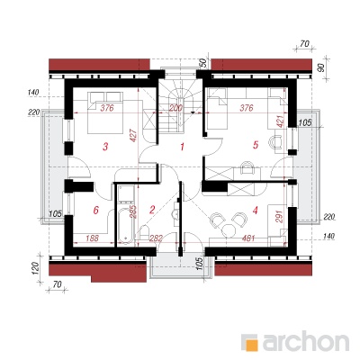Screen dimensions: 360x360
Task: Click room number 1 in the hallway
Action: click(182, 147)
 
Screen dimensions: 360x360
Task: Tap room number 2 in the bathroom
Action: click(152, 210)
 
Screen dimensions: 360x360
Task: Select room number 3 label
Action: click(105, 147)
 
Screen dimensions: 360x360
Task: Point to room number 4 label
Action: click(256, 211)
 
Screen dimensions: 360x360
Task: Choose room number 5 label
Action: click(256, 145)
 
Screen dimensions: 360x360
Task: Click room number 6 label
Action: click(95, 210)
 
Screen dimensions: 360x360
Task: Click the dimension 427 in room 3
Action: click(134, 135)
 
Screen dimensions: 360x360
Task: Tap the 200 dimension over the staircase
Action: click(175, 108)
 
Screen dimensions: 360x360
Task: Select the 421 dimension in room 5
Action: click(280, 122)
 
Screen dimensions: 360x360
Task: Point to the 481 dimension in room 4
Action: click(248, 238)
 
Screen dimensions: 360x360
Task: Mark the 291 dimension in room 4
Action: click(279, 216)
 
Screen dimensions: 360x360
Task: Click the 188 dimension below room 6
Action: click(92, 238)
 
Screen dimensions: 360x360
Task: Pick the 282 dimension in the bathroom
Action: click(156, 238)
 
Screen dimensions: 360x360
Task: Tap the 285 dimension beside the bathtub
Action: click(133, 211)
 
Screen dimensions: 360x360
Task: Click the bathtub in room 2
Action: click(125, 224)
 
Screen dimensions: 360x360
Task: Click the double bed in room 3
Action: click(105, 112)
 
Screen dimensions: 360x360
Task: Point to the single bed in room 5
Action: click(216, 109)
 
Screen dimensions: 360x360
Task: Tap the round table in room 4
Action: click(229, 230)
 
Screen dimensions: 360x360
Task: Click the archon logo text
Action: click(306, 341)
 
